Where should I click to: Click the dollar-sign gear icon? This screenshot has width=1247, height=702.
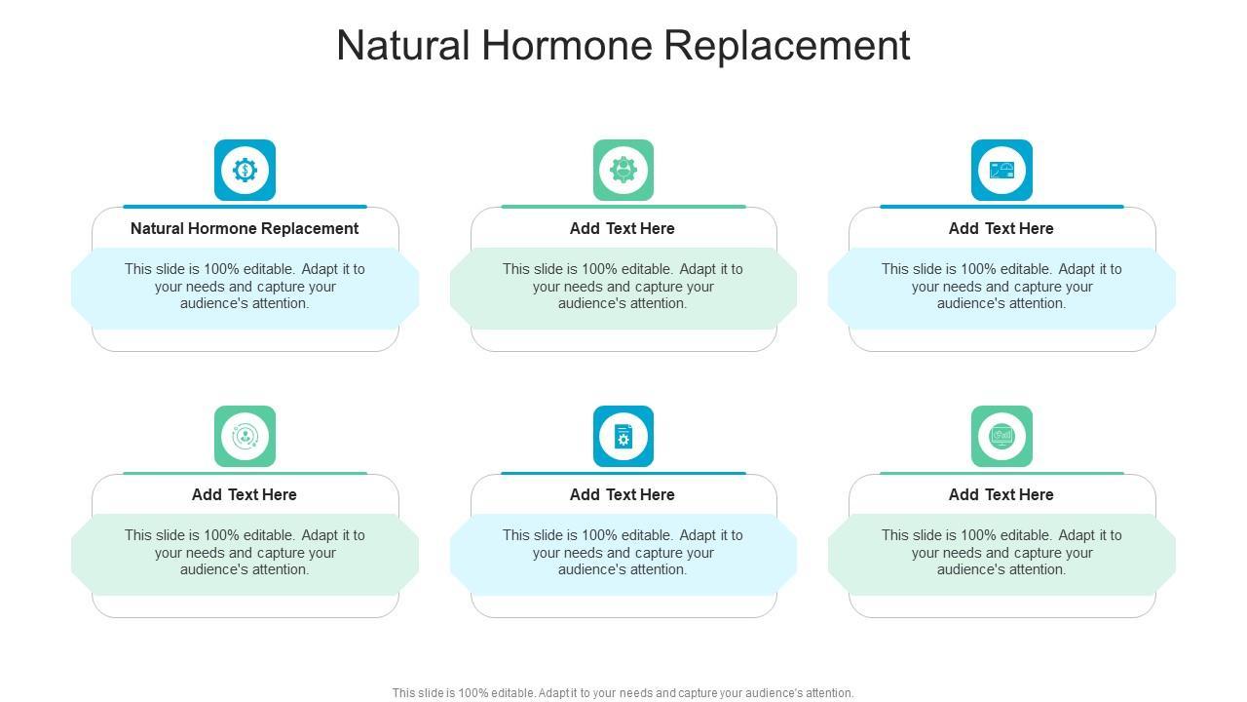point(245,171)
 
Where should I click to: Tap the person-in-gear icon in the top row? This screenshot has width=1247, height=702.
point(623,171)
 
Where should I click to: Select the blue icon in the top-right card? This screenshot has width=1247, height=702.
point(1001,171)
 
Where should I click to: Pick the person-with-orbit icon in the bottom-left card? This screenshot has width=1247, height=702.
point(245,437)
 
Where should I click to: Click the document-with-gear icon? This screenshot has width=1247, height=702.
point(623,437)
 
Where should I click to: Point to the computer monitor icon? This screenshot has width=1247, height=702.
point(1001,437)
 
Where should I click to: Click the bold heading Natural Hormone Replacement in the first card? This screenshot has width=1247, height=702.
point(245,228)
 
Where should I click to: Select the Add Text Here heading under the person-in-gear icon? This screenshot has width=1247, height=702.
point(623,228)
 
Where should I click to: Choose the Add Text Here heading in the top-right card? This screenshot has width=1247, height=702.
point(1001,228)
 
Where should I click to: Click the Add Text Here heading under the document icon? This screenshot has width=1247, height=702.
point(623,494)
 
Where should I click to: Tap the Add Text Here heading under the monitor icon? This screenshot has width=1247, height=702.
point(1001,494)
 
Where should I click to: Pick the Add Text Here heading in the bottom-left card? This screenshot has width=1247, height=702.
point(245,494)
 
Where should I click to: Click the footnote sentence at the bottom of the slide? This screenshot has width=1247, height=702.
point(623,693)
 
